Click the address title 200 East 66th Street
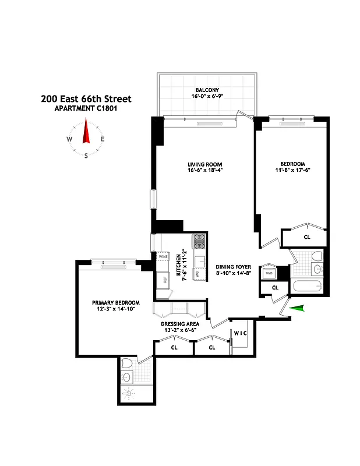86,99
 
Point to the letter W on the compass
69,139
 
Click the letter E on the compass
103,139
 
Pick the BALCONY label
207,90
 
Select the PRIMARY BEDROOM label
116,302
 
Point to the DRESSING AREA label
181,323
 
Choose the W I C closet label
241,333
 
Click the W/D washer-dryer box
269,273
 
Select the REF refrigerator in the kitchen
164,279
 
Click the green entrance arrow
297,309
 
